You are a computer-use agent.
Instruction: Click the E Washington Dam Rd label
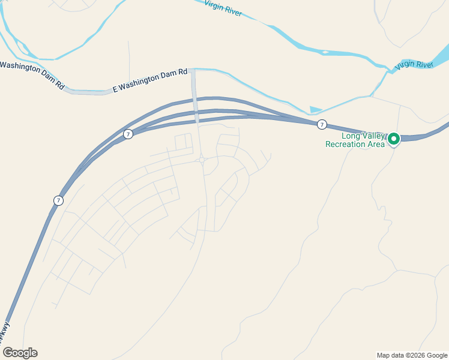[x=150, y=82]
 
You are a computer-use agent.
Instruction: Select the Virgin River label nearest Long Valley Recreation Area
[x=414, y=64]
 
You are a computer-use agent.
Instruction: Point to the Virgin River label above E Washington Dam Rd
[x=223, y=8]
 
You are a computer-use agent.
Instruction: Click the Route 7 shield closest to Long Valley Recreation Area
[x=322, y=124]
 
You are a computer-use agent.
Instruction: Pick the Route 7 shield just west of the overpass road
[x=128, y=134]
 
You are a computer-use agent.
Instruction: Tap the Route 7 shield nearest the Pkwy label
[x=58, y=200]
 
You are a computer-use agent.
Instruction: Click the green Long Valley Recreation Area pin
[x=394, y=139]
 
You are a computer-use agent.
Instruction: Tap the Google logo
[x=20, y=353]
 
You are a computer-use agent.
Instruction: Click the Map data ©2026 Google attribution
[x=412, y=355]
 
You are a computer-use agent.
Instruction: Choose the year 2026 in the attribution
[x=417, y=355]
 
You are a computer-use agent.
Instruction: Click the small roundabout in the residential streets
[x=203, y=160]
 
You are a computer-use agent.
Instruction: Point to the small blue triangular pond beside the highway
[x=315, y=110]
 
